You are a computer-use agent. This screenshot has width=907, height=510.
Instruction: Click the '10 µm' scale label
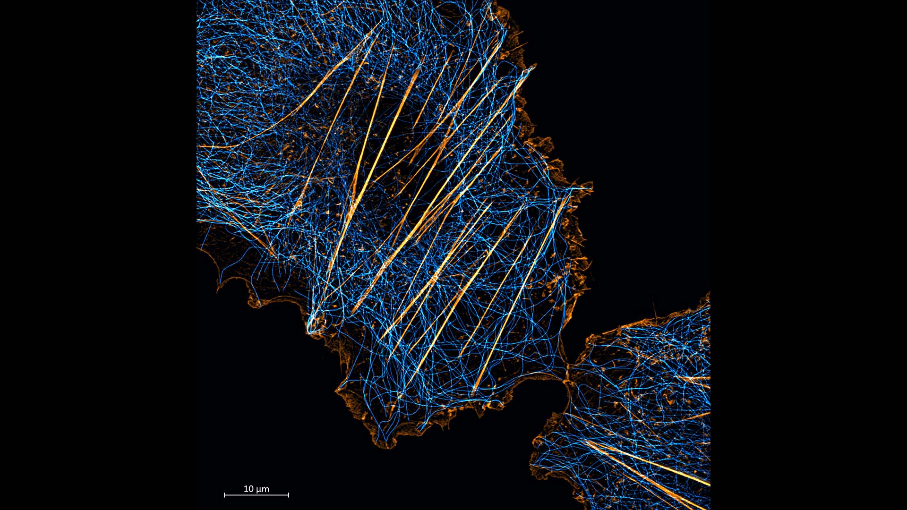pyautogui.click(x=256, y=489)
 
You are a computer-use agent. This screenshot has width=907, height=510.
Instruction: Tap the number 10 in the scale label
pyautogui.click(x=248, y=489)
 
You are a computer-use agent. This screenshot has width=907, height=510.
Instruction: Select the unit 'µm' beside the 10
pyautogui.click(x=263, y=489)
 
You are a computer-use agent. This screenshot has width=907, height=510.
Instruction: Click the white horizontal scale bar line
pyautogui.click(x=256, y=495)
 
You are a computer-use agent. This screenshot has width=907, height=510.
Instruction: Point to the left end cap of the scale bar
pyautogui.click(x=224, y=495)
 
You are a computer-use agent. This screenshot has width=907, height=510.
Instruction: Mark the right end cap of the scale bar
pyautogui.click(x=288, y=495)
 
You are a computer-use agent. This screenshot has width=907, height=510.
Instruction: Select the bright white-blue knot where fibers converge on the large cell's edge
pyautogui.click(x=312, y=326)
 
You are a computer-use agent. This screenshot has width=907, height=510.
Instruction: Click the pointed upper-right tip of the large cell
pyautogui.click(x=533, y=68)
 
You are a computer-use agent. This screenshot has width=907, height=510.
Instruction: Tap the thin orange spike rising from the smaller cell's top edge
pyautogui.click(x=655, y=309)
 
